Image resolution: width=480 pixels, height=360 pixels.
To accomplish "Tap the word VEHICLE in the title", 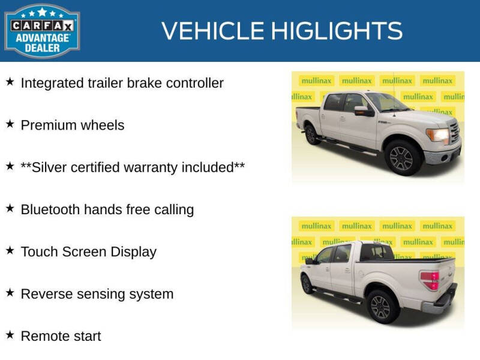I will pos(212,31).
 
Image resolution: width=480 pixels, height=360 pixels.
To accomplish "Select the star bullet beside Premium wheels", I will pos(10,124).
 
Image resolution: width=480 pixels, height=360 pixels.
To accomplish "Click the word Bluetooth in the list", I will pos(50,209).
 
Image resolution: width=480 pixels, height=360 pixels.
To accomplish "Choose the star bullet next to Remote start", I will pos(10,335).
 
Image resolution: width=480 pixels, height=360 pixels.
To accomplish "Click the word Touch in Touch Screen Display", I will pos(38,251).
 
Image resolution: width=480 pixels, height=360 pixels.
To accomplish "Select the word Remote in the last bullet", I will pos(43,336).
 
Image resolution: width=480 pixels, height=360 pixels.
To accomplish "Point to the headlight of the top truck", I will pos(437,134).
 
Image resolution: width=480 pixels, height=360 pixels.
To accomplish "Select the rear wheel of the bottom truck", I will pos(379,307).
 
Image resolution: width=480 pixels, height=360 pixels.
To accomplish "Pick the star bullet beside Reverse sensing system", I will pos(10,293).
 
